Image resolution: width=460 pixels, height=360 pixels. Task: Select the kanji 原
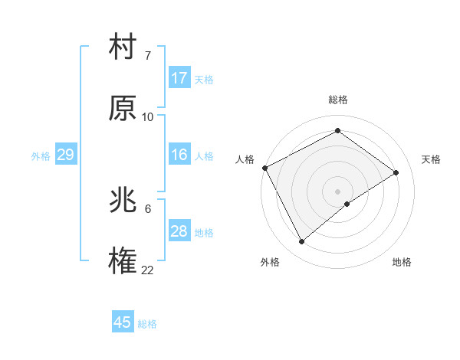[123, 110]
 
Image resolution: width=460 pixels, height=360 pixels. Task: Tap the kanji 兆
[123, 202]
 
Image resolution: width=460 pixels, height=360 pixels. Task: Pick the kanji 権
[123, 262]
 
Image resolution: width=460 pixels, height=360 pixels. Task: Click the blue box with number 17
[179, 78]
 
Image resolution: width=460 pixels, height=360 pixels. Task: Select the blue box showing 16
[179, 155]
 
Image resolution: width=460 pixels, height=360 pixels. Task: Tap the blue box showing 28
[179, 231]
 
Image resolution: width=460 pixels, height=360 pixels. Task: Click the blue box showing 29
[66, 155]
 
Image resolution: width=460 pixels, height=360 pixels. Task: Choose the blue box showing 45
[123, 322]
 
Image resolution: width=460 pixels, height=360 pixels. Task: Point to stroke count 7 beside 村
[147, 55]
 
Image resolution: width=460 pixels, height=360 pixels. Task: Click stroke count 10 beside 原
[148, 116]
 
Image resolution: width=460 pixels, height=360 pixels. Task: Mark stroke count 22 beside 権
[148, 270]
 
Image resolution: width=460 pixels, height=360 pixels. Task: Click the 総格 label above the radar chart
[338, 100]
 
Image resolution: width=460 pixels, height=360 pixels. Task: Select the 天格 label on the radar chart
[431, 159]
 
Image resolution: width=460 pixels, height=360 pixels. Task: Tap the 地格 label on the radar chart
[402, 262]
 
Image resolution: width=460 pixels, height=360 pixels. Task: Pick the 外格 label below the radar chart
[270, 262]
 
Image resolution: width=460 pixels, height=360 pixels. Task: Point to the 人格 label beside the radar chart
[245, 159]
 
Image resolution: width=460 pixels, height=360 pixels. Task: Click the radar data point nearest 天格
[396, 172]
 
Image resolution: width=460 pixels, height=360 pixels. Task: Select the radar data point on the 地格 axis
[347, 204]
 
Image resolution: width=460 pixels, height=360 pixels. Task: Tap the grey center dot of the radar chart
[338, 191]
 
